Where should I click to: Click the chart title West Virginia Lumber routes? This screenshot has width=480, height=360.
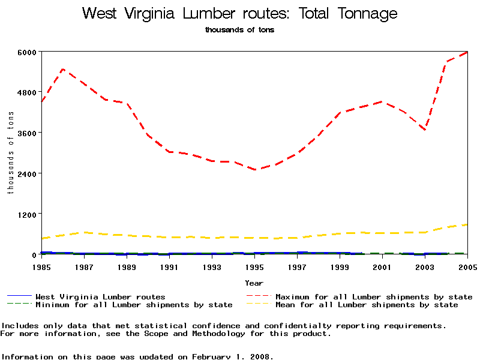click(239, 14)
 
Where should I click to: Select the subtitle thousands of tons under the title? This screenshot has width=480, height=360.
click(239, 30)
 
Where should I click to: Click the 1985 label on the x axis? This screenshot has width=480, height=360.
click(41, 266)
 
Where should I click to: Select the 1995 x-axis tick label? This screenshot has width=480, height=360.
click(254, 266)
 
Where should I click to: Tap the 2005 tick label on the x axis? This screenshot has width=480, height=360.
click(467, 266)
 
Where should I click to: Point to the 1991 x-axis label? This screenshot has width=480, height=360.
click(169, 266)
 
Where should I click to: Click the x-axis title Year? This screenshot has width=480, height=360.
click(254, 283)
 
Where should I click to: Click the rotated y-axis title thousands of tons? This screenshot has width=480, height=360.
click(10, 153)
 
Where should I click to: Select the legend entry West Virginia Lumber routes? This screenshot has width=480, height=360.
click(100, 296)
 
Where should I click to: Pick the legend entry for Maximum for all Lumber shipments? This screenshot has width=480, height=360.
click(373, 296)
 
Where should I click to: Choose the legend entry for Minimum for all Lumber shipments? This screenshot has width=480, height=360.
click(134, 305)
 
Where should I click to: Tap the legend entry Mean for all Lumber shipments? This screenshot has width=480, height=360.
click(367, 305)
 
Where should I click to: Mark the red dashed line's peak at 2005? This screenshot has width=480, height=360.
click(467, 52)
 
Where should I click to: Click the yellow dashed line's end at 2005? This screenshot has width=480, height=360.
click(467, 224)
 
